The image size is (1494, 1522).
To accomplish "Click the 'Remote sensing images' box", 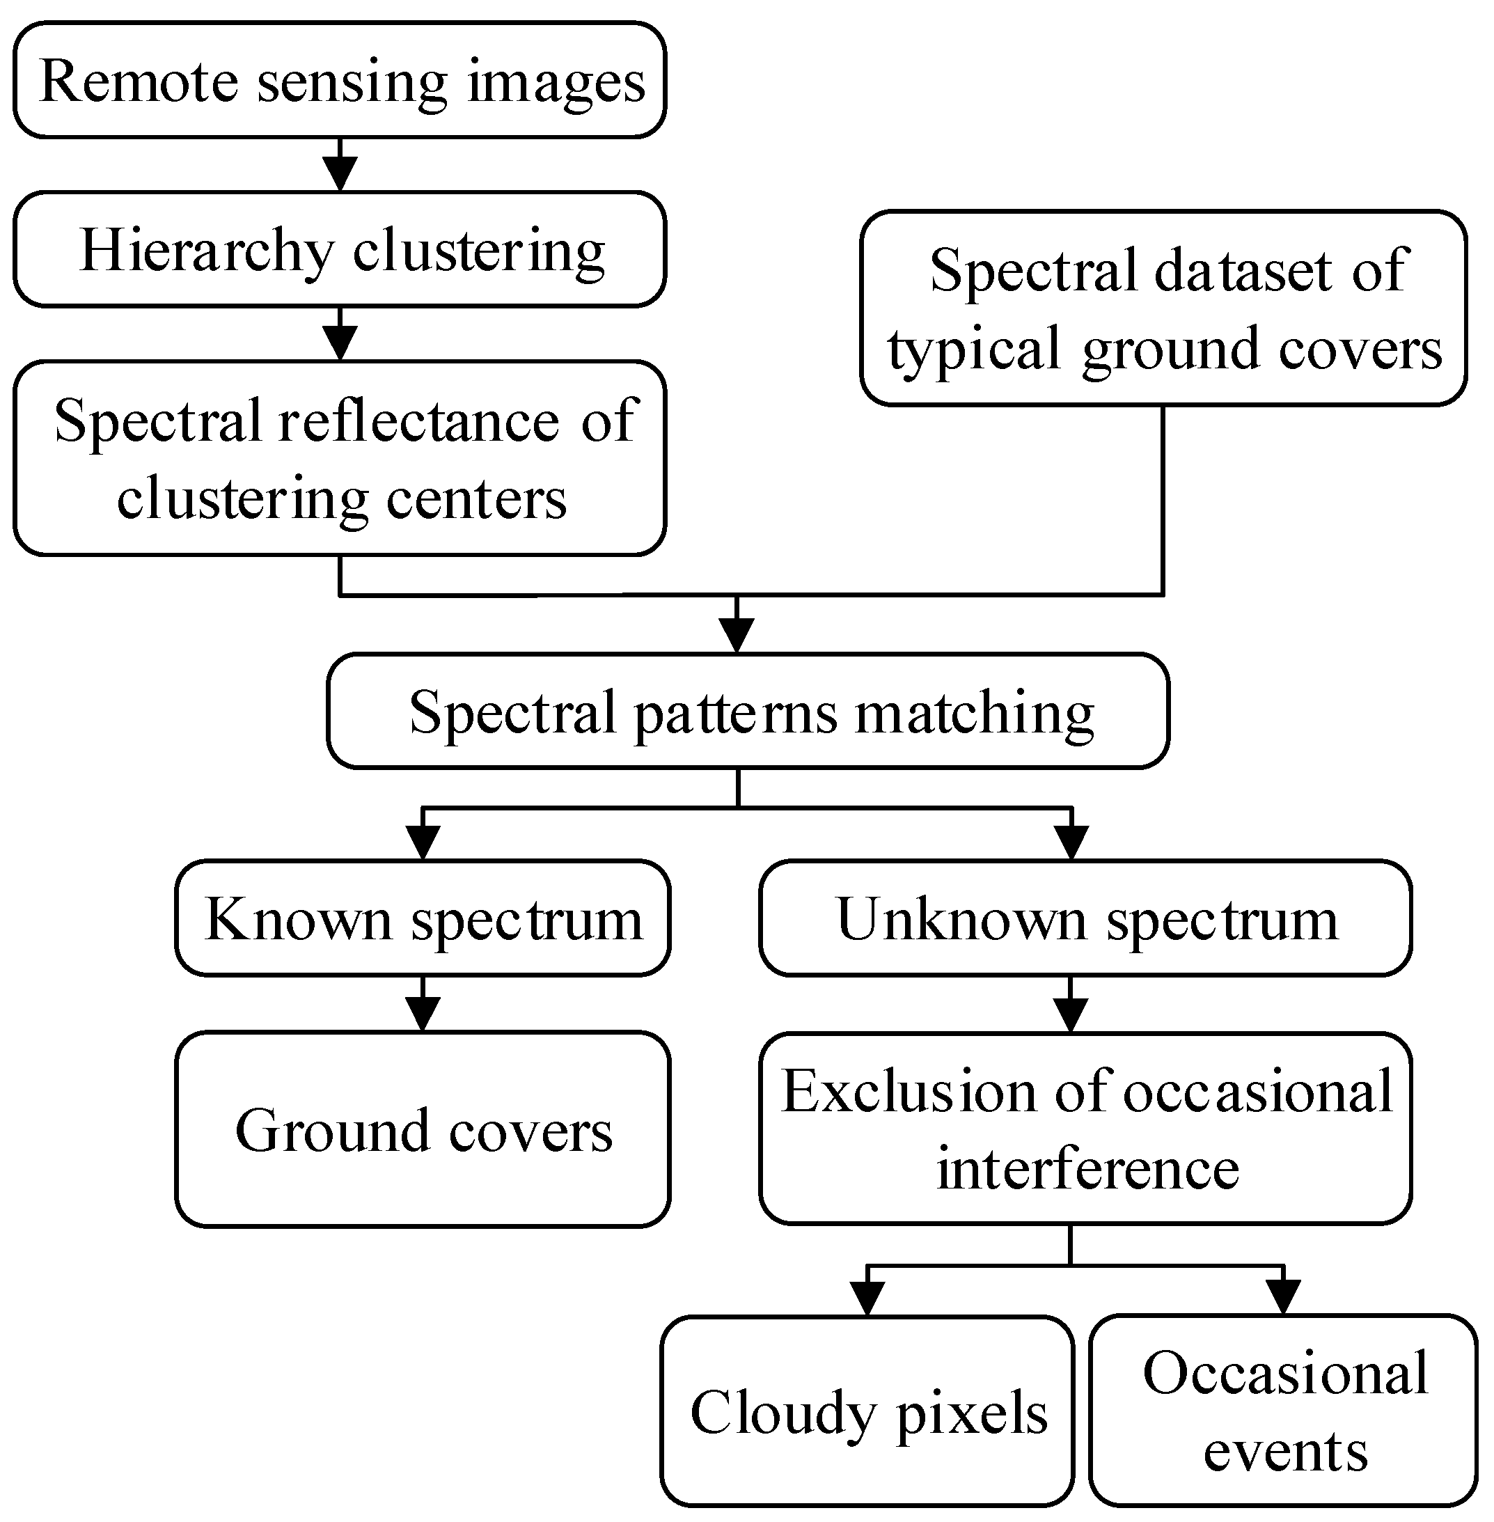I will click(x=340, y=80).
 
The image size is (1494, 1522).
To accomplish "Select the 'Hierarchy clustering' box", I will click(x=340, y=250).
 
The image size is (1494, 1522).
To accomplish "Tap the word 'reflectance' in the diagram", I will click(x=419, y=421).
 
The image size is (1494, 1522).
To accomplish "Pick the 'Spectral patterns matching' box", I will click(x=748, y=711).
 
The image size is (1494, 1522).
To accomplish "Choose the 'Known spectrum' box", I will click(x=423, y=918).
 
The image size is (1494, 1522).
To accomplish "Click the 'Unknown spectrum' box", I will click(x=1085, y=918).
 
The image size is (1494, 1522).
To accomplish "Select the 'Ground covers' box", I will click(x=423, y=1130).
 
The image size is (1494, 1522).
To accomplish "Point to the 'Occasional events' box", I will click(x=1284, y=1411).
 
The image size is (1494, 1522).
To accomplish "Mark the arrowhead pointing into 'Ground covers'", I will click(x=423, y=1015).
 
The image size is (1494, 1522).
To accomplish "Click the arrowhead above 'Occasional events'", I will click(x=1284, y=1298).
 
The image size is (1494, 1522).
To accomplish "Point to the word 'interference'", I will click(x=1087, y=1168).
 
